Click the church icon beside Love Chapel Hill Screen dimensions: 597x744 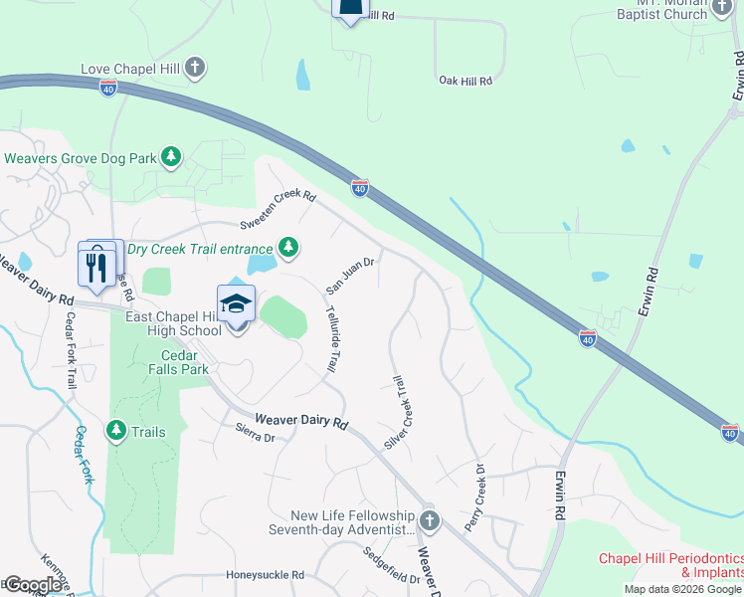tap(196, 69)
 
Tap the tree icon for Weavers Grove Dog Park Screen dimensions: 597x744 tap(172, 157)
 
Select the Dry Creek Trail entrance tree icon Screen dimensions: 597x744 tap(288, 247)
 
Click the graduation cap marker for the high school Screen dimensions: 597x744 tap(236, 304)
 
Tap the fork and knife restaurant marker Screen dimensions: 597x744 tap(96, 267)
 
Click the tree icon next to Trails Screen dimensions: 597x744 tap(116, 431)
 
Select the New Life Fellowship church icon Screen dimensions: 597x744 tap(430, 520)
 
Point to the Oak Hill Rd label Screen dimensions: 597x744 tap(465, 80)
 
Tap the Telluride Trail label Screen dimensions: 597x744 tap(332, 338)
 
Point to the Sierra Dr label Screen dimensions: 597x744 tap(254, 433)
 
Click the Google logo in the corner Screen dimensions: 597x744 tap(33, 585)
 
